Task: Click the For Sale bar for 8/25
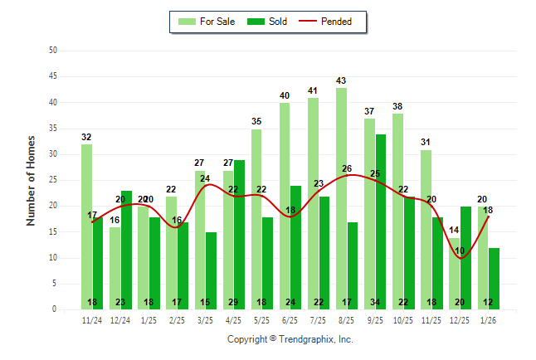(341, 199)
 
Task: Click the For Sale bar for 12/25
(454, 274)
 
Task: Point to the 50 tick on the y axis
(52, 51)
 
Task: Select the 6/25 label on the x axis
(290, 319)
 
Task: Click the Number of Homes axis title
(31, 180)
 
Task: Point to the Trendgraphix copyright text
(290, 339)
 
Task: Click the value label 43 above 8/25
(341, 80)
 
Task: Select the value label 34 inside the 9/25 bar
(380, 302)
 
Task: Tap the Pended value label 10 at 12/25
(460, 251)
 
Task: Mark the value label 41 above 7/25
(313, 91)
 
